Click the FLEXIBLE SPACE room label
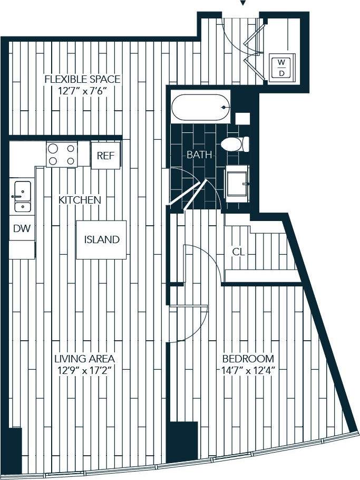pos(82,79)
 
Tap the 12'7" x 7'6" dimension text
pos(82,90)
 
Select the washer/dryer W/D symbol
pos(281,68)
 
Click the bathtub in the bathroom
pos(201,108)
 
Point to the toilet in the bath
pos(234,144)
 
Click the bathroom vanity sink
pos(238,183)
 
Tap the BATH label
pos(200,155)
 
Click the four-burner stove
pos(62,155)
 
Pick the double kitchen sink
pos(22,196)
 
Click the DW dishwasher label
pos(22,229)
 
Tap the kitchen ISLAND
pos(102,239)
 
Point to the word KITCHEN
pos(80,200)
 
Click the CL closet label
pos(239,252)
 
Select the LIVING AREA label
pos(84,359)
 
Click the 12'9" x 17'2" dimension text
pos(84,370)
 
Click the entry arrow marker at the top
pos(242,3)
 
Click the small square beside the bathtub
pos(242,118)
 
